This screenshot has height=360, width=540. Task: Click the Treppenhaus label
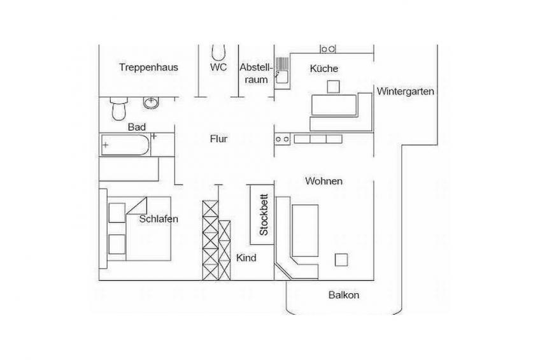[148, 67]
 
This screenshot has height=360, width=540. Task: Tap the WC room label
[218, 67]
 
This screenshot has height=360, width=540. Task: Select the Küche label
[323, 69]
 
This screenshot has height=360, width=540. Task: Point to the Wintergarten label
[405, 92]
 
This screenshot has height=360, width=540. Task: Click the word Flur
[218, 139]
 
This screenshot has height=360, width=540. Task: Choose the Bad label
[137, 127]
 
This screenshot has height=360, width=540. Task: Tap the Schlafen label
[159, 219]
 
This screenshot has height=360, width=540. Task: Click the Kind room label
[246, 258]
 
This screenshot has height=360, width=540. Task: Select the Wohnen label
[323, 181]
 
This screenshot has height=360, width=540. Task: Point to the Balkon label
[344, 295]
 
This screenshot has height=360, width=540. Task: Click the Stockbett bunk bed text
[264, 215]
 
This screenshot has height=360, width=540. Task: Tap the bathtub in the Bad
[125, 145]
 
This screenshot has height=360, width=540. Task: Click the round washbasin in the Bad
[151, 103]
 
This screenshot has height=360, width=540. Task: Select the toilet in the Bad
[119, 108]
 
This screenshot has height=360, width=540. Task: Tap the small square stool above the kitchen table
[333, 87]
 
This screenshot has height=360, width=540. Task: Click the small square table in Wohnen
[341, 260]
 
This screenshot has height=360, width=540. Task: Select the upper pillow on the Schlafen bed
[117, 213]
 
